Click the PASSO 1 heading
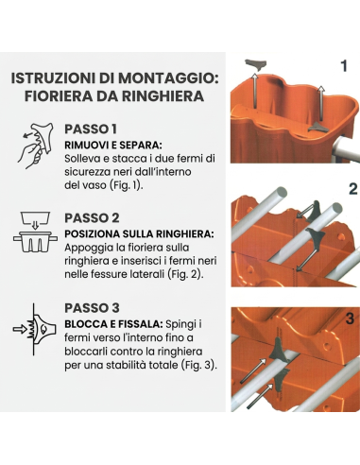pyautogui.click(x=91, y=129)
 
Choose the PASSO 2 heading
pyautogui.click(x=91, y=217)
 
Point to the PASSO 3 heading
pyautogui.click(x=91, y=307)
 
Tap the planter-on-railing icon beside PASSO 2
pyautogui.click(x=33, y=230)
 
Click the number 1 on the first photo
pyautogui.click(x=343, y=65)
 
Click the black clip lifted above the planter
pyautogui.click(x=255, y=66)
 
